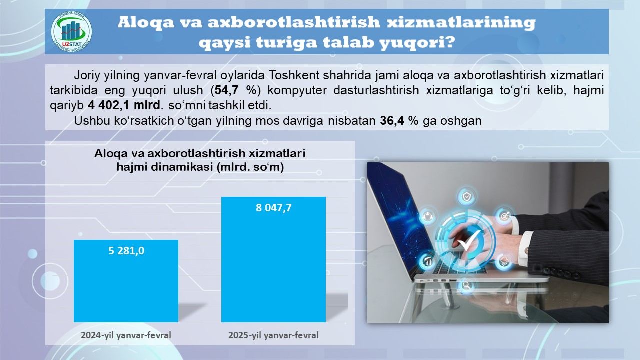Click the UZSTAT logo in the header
(71, 32)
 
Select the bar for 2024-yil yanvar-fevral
(126, 281)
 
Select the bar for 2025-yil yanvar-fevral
(273, 259)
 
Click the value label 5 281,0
(126, 251)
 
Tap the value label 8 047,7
(273, 207)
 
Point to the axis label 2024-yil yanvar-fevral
(126, 335)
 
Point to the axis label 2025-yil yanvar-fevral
(273, 335)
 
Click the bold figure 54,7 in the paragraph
(227, 90)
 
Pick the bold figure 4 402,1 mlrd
(124, 105)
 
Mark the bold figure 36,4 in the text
(392, 121)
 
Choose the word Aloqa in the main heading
(146, 22)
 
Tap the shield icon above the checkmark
(467, 197)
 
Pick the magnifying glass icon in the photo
(466, 285)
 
